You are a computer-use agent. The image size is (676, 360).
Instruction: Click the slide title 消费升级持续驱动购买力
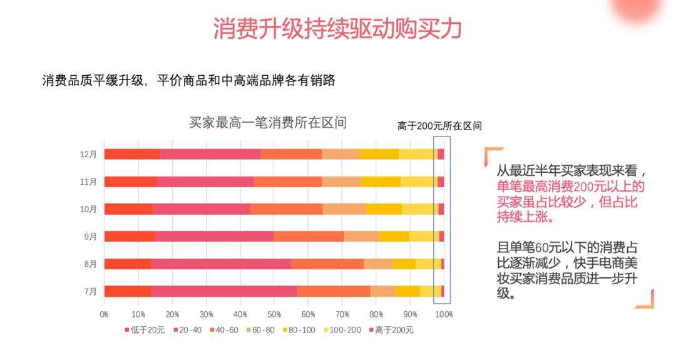[337, 28]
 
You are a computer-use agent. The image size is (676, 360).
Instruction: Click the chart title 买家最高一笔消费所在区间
[268, 123]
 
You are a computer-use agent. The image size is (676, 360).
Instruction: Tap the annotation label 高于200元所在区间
[439, 126]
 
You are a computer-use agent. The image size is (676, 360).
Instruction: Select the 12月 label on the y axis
[89, 154]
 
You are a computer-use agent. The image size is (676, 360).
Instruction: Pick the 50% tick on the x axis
[274, 313]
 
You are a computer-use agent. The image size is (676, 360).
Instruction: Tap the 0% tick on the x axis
[105, 313]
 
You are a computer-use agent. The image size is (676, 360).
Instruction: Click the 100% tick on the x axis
[444, 313]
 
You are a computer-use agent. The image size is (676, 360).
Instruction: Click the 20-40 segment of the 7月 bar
[223, 291]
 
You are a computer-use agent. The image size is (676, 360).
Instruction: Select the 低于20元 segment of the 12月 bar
[132, 154]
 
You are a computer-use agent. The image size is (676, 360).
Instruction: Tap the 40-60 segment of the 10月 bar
[286, 209]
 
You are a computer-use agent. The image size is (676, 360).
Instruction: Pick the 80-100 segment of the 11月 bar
[381, 182]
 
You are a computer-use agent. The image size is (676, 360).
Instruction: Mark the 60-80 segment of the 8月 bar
[378, 264]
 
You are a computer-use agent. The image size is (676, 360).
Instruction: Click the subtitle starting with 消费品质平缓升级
[188, 81]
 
